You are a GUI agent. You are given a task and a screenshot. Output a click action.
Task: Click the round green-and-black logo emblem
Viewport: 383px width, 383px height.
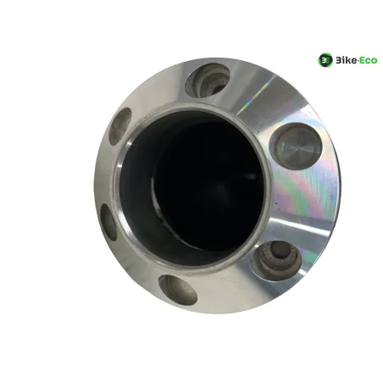tap(325, 60)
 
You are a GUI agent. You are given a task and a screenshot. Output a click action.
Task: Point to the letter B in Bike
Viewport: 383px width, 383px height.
tap(338, 60)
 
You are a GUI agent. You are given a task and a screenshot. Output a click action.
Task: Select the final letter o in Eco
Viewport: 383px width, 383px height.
tap(374, 61)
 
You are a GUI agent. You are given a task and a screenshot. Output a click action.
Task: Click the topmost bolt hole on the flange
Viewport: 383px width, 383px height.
tap(207, 80)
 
